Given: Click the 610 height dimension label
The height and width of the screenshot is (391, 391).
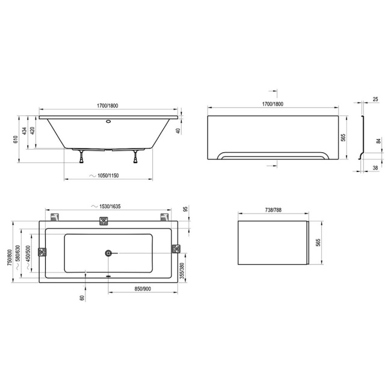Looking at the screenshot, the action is click(16, 140).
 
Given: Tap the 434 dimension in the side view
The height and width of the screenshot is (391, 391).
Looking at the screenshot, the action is click(24, 131).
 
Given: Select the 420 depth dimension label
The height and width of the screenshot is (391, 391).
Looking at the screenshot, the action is click(32, 131).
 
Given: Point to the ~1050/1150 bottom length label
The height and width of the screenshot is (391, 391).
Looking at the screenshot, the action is click(104, 176).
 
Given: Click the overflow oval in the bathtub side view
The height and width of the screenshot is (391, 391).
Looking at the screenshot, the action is click(108, 122).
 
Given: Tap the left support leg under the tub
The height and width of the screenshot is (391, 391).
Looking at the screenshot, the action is click(81, 156).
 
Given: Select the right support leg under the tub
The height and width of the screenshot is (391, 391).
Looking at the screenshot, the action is click(135, 156).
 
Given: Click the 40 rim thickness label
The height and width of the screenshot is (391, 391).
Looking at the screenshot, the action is click(178, 131).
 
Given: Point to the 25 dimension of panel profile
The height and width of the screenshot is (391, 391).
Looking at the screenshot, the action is click(375, 99).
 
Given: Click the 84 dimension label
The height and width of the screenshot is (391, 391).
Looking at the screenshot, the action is click(379, 141).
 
